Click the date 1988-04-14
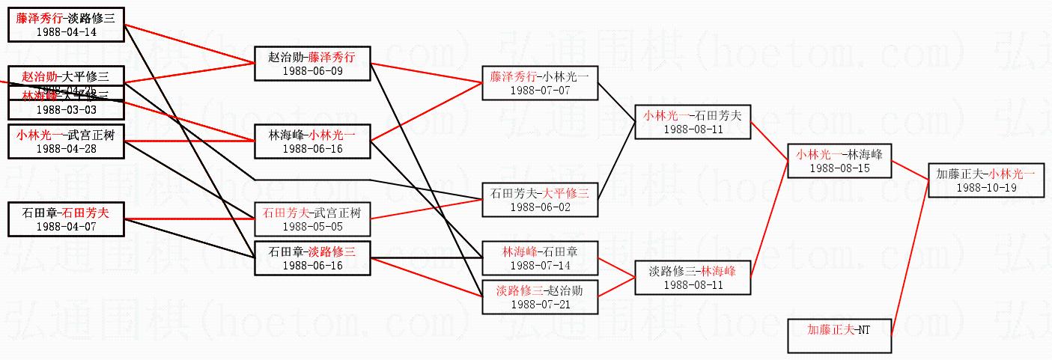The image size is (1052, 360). (66, 32)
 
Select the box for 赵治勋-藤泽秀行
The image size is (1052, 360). (312, 63)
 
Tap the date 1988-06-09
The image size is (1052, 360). (312, 70)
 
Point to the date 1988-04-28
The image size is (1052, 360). (66, 148)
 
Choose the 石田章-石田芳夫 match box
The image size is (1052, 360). (66, 219)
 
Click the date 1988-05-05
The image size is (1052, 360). (312, 227)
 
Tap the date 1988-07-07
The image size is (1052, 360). (540, 90)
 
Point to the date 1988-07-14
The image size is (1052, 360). (540, 266)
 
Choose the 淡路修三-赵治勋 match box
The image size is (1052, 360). (540, 297)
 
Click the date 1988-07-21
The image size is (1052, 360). (540, 305)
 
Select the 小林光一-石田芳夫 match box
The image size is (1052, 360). (692, 122)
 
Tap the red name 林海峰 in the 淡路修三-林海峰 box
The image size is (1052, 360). (718, 271)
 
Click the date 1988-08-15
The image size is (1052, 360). (839, 168)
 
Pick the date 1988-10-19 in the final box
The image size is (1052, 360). (985, 188)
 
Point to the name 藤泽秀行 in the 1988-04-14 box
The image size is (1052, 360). (40, 19)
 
